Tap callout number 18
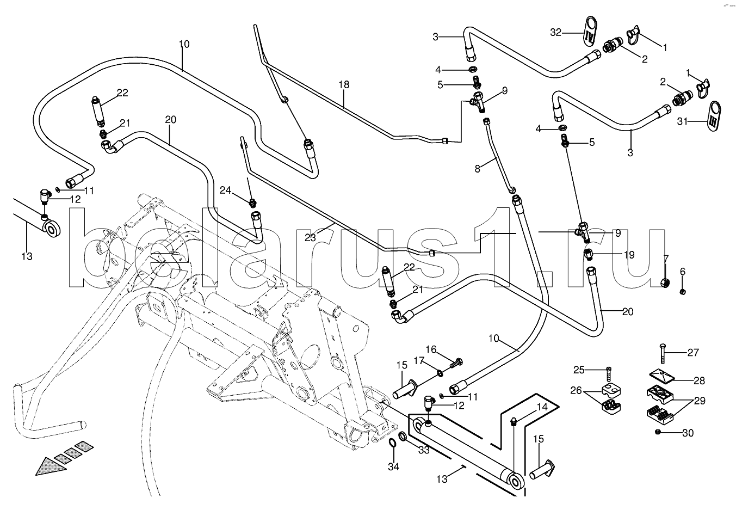point(343,85)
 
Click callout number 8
point(477,169)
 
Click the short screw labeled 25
point(609,376)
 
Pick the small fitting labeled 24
point(252,204)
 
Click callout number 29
point(698,401)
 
